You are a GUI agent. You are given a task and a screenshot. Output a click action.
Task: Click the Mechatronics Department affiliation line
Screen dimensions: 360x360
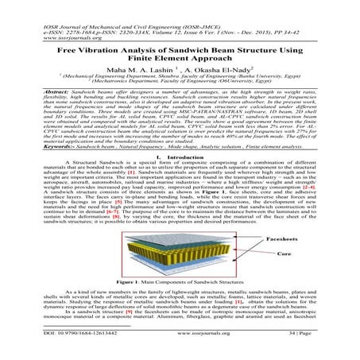(180, 92)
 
